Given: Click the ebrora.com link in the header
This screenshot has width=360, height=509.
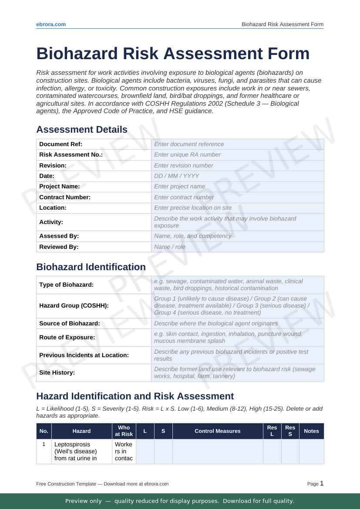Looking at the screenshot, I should coord(51,24).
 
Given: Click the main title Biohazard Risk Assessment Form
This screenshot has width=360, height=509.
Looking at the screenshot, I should coord(173,54).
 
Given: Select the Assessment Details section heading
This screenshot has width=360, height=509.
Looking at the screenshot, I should coord(82,130).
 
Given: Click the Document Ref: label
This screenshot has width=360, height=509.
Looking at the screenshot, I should coord(61,144).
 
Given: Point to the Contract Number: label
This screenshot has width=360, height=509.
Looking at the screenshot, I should coord(65,197).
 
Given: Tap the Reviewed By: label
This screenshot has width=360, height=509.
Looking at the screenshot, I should coord(59,247).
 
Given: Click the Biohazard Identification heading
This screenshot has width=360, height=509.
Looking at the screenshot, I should coord(91,267).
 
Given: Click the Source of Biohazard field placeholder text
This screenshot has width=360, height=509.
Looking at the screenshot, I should coord(216,323).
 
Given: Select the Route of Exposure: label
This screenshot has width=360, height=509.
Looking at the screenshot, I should coord(67,338).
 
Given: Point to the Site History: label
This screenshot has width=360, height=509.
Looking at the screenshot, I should coord(57,373).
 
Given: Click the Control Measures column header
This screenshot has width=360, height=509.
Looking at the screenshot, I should coord(218,431).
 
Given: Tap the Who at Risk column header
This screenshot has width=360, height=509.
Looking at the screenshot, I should coord(124,431).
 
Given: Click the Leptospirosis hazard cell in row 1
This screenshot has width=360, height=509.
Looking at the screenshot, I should coord(81,451).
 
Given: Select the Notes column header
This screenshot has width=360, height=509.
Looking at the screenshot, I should coord(311,431).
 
